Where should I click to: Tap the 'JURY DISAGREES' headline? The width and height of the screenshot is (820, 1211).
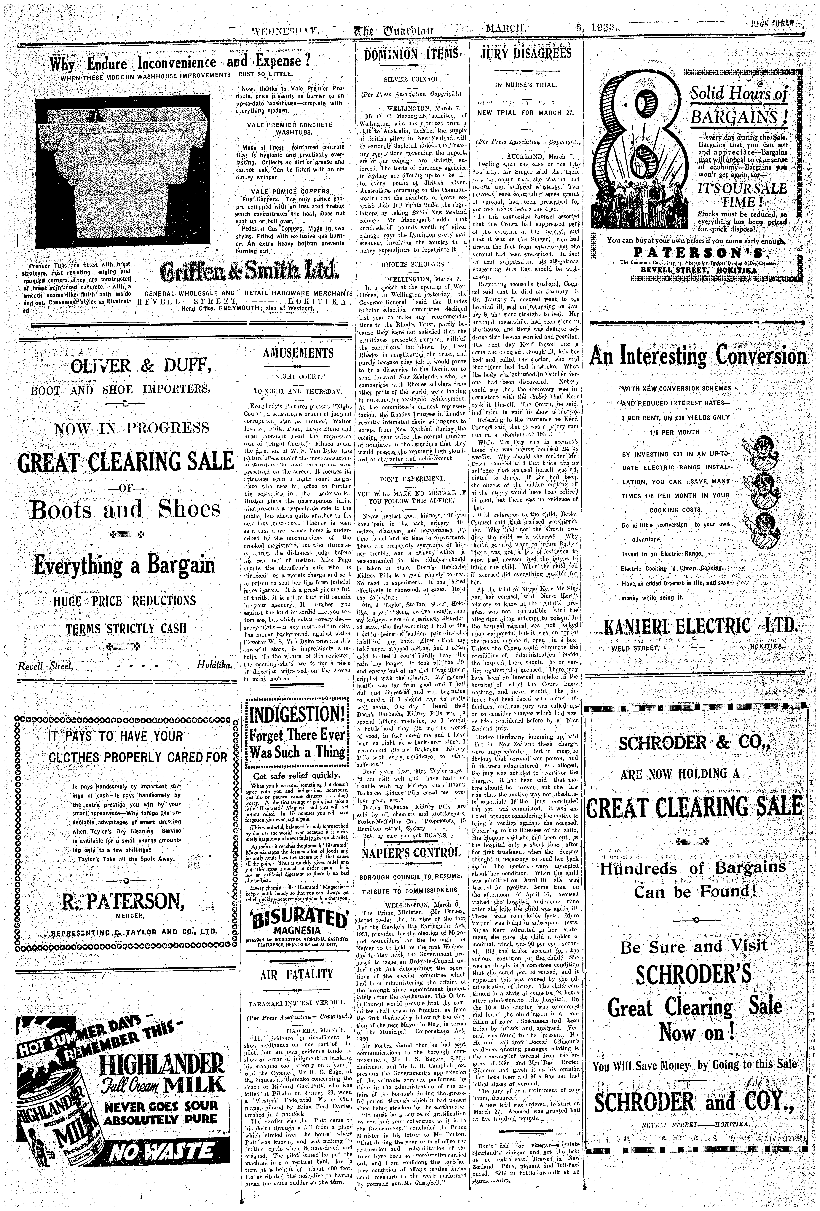coord(526,54)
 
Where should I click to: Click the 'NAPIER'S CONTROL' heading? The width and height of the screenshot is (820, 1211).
coord(411,853)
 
